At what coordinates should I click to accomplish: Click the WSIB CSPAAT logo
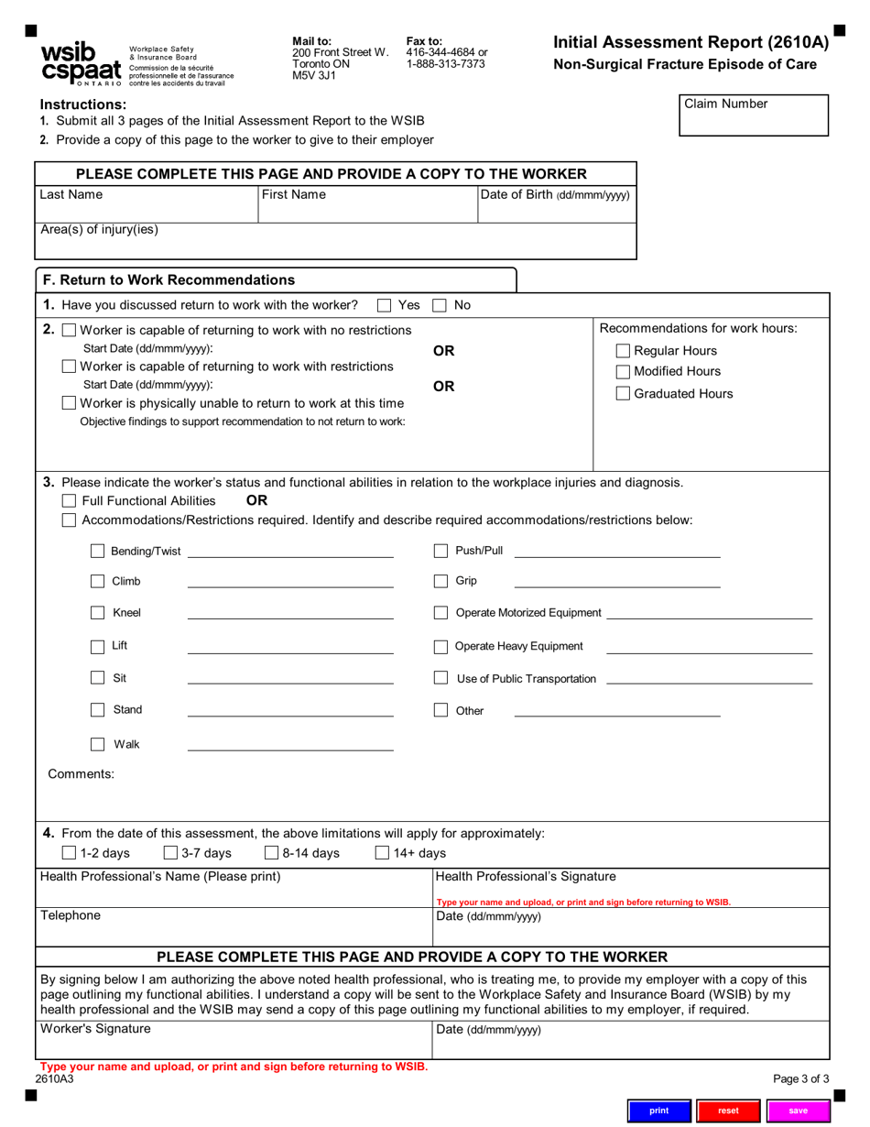click(80, 63)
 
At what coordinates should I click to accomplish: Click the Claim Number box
click(753, 116)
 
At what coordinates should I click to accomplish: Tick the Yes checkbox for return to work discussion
click(385, 305)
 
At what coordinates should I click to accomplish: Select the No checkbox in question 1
click(440, 305)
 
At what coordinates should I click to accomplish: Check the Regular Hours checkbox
click(623, 351)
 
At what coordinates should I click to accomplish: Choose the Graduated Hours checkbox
click(623, 394)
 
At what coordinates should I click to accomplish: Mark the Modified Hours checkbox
click(623, 372)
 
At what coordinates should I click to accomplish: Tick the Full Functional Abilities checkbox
click(69, 501)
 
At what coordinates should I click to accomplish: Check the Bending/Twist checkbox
click(97, 552)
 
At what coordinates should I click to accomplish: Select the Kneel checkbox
click(97, 613)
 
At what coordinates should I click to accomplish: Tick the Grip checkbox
click(440, 581)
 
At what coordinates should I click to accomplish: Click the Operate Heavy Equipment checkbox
click(440, 647)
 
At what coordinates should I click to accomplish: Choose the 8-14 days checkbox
click(271, 854)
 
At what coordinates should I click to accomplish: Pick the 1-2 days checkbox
click(69, 854)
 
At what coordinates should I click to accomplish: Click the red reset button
click(728, 1111)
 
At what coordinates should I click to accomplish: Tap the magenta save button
click(798, 1111)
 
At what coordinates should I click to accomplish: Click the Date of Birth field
click(556, 213)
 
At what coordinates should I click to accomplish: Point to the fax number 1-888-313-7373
click(445, 64)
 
